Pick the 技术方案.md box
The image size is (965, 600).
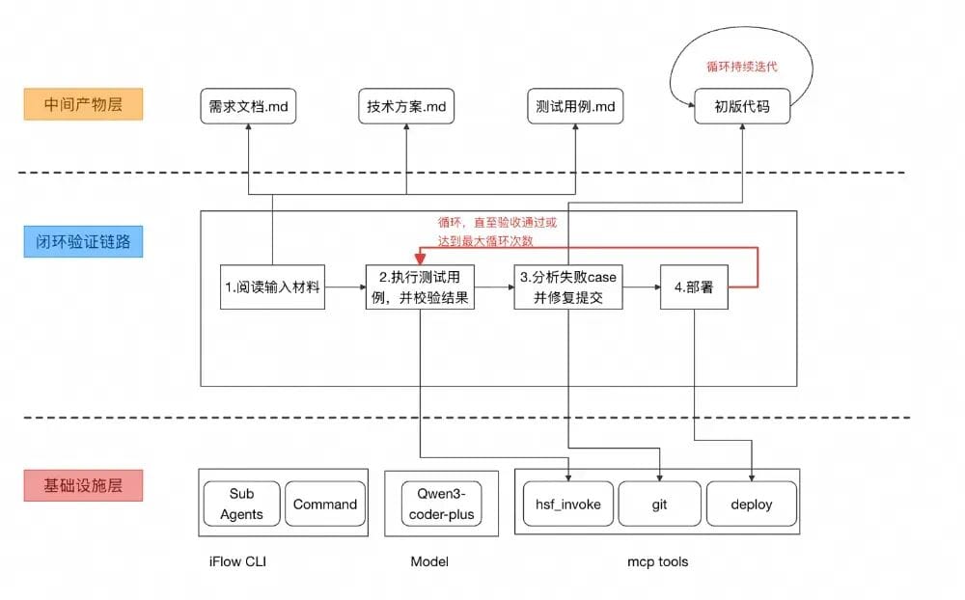click(x=405, y=105)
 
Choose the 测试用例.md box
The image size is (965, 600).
click(x=576, y=105)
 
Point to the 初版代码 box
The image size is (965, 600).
click(x=741, y=105)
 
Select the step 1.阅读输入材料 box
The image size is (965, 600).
click(x=271, y=286)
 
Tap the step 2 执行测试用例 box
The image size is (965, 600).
click(x=421, y=286)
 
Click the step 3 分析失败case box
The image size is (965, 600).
click(x=567, y=286)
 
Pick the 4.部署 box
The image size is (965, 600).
click(x=694, y=286)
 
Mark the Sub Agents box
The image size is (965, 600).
click(x=241, y=504)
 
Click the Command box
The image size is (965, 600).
click(x=325, y=504)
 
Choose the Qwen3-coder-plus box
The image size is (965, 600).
click(x=441, y=504)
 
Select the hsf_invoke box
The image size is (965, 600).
click(x=568, y=504)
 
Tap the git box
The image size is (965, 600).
click(x=659, y=504)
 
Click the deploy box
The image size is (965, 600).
click(x=752, y=504)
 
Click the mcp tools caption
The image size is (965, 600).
click(x=657, y=561)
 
